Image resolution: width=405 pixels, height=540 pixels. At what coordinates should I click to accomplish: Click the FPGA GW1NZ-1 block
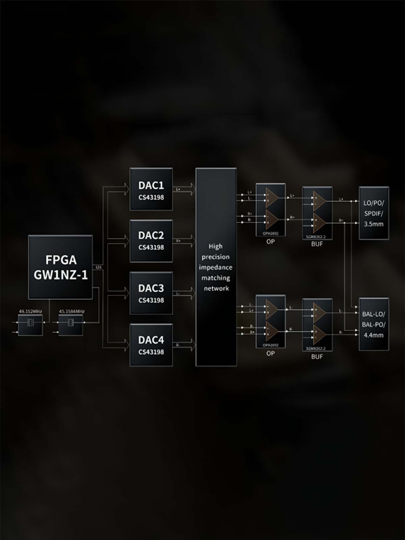60,267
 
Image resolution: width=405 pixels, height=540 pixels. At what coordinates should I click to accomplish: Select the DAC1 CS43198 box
151,189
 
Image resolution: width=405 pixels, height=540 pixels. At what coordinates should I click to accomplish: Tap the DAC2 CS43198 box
151,241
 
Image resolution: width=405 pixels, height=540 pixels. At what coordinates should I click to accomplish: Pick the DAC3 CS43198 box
151,293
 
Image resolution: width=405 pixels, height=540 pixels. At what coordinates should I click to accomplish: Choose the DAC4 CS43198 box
151,345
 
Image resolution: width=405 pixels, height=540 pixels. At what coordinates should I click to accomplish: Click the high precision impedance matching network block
216,267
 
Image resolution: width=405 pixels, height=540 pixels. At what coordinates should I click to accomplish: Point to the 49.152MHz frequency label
30,311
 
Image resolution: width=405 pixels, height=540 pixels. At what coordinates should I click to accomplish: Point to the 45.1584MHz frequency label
72,311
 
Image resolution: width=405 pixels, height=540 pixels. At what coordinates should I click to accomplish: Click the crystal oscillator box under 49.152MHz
30,325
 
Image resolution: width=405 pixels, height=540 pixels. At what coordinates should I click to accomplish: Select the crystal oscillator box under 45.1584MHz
71,325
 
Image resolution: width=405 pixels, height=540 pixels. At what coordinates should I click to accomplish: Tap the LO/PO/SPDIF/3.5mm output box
374,213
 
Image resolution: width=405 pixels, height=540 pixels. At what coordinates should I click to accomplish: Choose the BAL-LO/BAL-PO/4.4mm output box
374,324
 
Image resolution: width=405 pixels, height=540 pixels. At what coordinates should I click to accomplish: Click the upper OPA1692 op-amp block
270,210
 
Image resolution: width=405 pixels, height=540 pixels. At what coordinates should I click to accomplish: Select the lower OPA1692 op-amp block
270,321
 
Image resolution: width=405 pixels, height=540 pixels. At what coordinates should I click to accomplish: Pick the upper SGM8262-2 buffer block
317,213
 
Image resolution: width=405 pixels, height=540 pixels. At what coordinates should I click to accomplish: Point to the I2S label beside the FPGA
98,267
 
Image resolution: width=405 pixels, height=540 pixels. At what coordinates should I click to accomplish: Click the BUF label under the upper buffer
317,244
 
